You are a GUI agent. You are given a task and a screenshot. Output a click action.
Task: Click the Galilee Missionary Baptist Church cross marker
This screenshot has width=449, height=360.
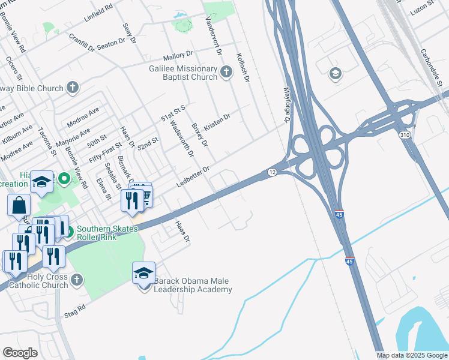(x=226, y=73)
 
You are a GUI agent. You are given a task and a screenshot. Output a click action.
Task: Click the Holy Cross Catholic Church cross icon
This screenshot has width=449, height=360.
(x=77, y=280)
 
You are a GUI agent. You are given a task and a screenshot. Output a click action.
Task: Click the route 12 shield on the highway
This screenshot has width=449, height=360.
(x=273, y=172)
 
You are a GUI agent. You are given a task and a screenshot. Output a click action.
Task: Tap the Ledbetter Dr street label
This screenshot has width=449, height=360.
(x=193, y=176)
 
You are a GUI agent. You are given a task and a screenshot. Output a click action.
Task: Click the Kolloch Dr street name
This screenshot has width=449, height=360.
(x=242, y=66)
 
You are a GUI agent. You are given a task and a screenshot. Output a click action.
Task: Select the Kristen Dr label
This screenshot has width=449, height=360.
(x=217, y=121)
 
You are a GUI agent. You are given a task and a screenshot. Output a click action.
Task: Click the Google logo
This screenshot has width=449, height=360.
(x=20, y=353)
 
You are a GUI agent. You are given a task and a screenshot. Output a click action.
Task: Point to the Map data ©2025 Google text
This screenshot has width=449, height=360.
(x=412, y=355)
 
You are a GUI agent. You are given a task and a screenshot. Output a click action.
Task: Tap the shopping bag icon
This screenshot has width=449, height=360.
(x=19, y=205)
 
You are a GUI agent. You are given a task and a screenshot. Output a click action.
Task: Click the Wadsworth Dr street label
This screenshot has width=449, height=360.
(x=182, y=139)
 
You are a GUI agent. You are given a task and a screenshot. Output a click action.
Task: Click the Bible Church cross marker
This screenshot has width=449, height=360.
(x=72, y=88)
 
